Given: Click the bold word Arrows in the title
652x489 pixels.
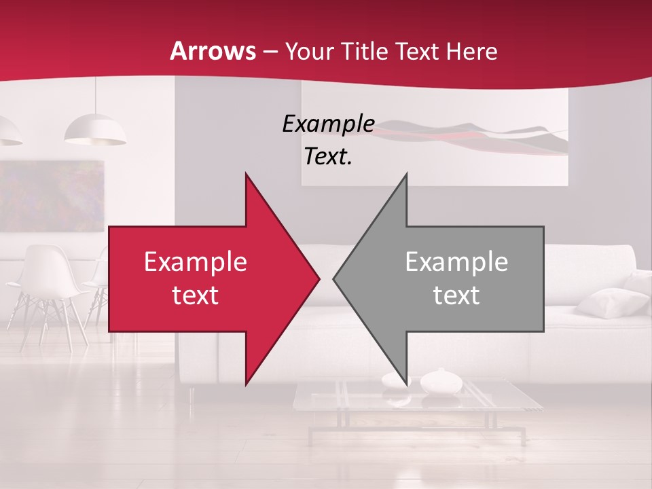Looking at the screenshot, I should click(x=213, y=51).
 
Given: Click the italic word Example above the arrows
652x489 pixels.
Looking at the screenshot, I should click(x=328, y=124).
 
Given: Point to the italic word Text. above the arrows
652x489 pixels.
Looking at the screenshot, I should click(x=328, y=157).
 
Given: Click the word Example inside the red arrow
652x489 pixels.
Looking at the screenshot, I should click(x=196, y=262).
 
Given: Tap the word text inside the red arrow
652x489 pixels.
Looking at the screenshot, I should click(x=196, y=295).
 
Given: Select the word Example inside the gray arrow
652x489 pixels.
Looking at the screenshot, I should click(x=456, y=262).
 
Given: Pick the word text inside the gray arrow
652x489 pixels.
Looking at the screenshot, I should click(x=456, y=295).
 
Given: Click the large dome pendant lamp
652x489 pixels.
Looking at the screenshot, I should click(x=95, y=130).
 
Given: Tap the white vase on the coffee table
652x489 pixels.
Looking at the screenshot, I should click(x=441, y=382).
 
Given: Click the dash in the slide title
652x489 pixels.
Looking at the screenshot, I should click(x=270, y=52).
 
